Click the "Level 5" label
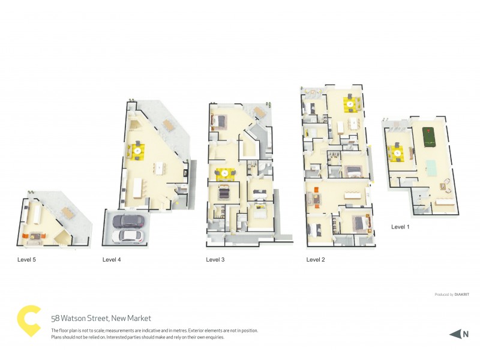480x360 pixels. click(27, 260)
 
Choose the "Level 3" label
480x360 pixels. click(215, 260)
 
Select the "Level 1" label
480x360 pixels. click(400, 227)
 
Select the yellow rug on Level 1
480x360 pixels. click(398, 153)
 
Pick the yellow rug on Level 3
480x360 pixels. click(224, 173)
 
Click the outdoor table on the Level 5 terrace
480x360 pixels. click(67, 211)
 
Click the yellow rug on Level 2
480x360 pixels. click(350, 104)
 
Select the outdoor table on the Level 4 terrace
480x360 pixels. click(167, 124)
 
